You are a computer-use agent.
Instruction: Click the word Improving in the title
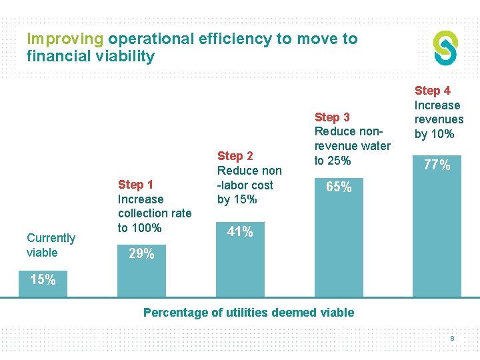tap(65, 39)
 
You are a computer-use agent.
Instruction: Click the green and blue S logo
tap(445, 48)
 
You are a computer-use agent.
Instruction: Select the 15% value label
tap(43, 280)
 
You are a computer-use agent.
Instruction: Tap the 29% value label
tap(141, 254)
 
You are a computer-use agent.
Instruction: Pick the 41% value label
tap(240, 232)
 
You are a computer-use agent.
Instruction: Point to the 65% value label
tap(339, 187)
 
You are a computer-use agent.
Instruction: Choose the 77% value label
tap(437, 165)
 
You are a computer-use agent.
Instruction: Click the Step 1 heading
tap(135, 185)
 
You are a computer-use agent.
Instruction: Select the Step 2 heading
tap(235, 156)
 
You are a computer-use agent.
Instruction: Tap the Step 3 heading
tap(332, 117)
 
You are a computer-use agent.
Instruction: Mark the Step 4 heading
tap(433, 91)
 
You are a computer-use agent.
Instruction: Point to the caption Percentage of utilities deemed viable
tap(249, 313)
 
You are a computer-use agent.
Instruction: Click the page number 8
tap(452, 339)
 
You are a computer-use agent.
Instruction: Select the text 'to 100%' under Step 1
tap(139, 228)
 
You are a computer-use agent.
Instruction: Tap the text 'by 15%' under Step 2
tap(237, 199)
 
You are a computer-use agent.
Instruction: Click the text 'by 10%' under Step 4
tap(435, 134)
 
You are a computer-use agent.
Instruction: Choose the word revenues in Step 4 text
tap(439, 119)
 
